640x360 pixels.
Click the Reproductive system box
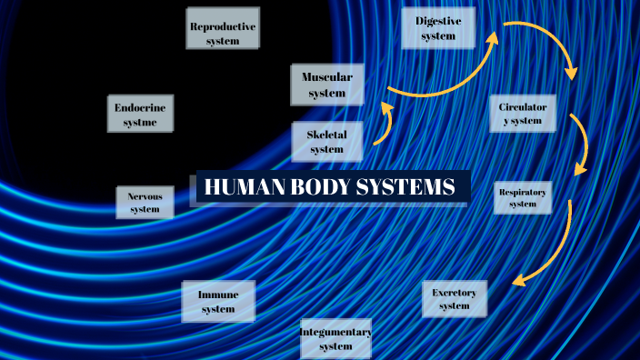click(x=223, y=28)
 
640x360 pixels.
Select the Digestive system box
click(x=439, y=28)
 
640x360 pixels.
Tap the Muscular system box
click(x=327, y=85)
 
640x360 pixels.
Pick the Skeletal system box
click(x=327, y=141)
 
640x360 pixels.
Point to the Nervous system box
click(x=145, y=203)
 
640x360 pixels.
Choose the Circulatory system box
click(x=522, y=114)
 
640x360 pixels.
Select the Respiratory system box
click(x=523, y=198)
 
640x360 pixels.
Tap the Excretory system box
click(x=455, y=298)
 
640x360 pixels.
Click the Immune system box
click(x=218, y=302)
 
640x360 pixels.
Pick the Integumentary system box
click(x=336, y=339)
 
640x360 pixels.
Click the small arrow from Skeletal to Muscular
click(x=384, y=125)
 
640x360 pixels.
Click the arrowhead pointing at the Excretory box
click(x=518, y=281)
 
